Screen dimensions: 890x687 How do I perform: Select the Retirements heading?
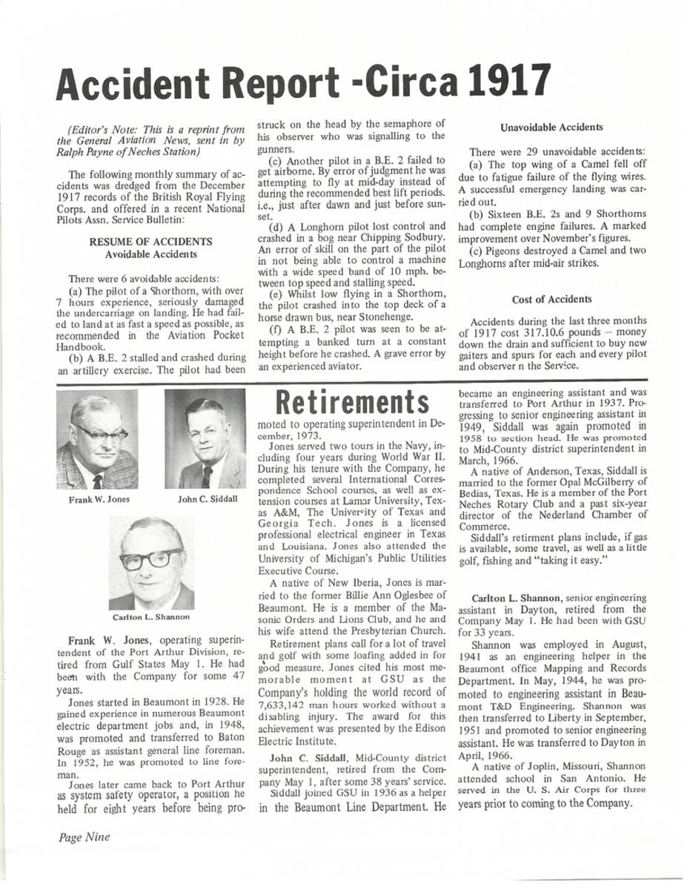(353, 401)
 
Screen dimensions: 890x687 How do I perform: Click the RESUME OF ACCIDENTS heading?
(150, 242)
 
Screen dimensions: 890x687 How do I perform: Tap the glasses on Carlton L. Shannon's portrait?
(151, 558)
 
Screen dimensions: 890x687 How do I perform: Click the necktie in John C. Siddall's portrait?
(207, 475)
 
